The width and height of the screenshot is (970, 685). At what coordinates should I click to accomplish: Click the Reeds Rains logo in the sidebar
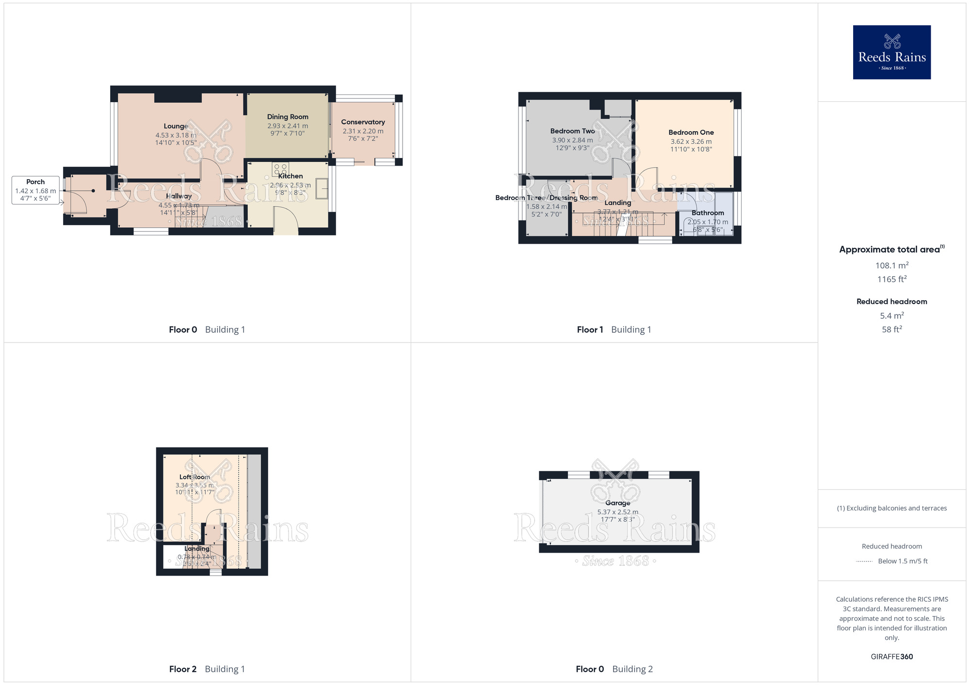(891, 52)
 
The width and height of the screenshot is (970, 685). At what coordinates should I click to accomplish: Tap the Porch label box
(35, 190)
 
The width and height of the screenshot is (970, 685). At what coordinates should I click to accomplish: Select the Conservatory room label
(363, 122)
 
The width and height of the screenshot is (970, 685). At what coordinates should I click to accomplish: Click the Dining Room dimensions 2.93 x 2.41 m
(288, 126)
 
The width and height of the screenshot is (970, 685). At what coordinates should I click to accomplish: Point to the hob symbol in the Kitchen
(280, 169)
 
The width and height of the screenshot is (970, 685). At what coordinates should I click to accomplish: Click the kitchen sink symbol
(322, 188)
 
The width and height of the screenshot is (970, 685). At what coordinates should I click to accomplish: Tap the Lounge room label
(176, 126)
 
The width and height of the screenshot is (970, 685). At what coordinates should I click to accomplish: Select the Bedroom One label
(691, 132)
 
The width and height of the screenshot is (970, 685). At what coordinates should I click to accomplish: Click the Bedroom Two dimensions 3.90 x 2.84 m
(572, 140)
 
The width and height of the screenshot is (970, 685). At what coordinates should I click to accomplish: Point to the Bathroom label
(708, 213)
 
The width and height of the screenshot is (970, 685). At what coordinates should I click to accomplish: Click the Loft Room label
(194, 477)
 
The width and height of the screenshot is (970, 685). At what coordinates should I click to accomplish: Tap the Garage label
(617, 503)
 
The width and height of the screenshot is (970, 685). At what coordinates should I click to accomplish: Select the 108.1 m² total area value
(891, 265)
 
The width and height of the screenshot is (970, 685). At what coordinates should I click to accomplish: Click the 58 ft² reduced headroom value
(891, 329)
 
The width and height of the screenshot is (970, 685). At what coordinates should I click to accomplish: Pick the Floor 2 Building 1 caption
(207, 669)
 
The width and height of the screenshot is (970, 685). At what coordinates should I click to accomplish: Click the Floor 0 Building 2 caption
(614, 669)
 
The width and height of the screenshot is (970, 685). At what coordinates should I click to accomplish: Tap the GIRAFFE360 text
(891, 657)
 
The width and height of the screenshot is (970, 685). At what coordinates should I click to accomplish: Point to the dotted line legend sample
(864, 561)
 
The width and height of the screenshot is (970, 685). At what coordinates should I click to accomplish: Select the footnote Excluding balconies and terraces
(891, 508)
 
